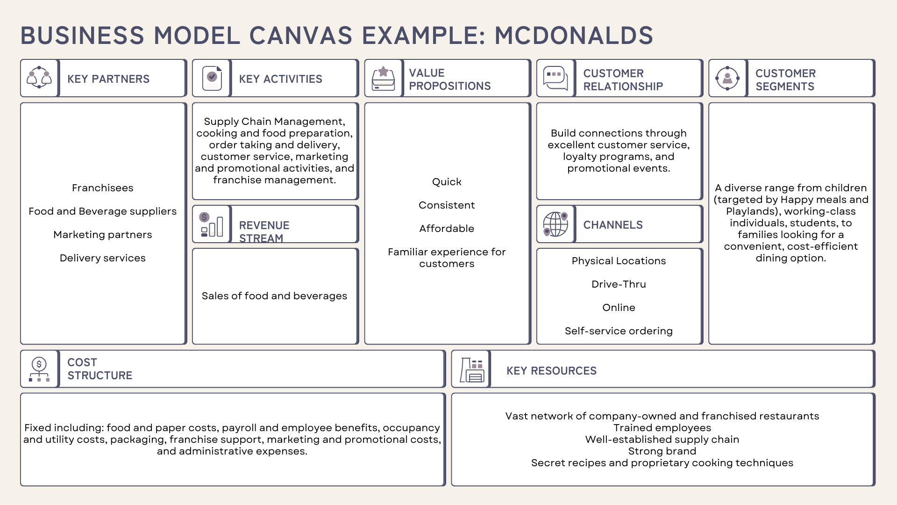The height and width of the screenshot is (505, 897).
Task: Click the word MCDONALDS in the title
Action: (x=574, y=36)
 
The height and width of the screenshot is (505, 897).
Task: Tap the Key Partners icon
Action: (x=39, y=78)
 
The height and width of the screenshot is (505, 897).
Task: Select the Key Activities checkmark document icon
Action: (x=212, y=78)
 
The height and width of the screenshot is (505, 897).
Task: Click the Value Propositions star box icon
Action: (x=383, y=78)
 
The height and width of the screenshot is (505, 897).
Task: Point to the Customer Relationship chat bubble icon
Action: (x=555, y=78)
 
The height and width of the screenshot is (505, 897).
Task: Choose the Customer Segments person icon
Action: (x=727, y=78)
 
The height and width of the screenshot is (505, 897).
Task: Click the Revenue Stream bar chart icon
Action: (x=212, y=224)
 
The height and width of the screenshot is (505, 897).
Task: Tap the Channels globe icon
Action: (x=555, y=224)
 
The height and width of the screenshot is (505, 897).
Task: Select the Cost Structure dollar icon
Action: (x=39, y=369)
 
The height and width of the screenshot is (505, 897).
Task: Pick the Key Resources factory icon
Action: (x=472, y=370)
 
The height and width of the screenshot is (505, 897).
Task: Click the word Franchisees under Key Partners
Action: (x=103, y=188)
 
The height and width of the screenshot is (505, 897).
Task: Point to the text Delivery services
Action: (x=103, y=258)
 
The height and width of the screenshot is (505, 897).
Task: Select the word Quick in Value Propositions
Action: (x=447, y=182)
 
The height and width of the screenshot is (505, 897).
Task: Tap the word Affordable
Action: (x=447, y=229)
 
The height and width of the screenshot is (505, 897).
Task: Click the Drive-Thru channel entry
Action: (x=619, y=284)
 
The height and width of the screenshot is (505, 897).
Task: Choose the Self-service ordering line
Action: (x=619, y=331)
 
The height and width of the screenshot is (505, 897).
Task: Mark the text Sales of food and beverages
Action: (x=274, y=296)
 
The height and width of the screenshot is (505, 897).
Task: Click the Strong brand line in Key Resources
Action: (x=662, y=451)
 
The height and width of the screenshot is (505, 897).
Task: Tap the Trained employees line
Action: (x=662, y=428)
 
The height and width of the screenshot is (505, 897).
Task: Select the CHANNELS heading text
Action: (x=613, y=225)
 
